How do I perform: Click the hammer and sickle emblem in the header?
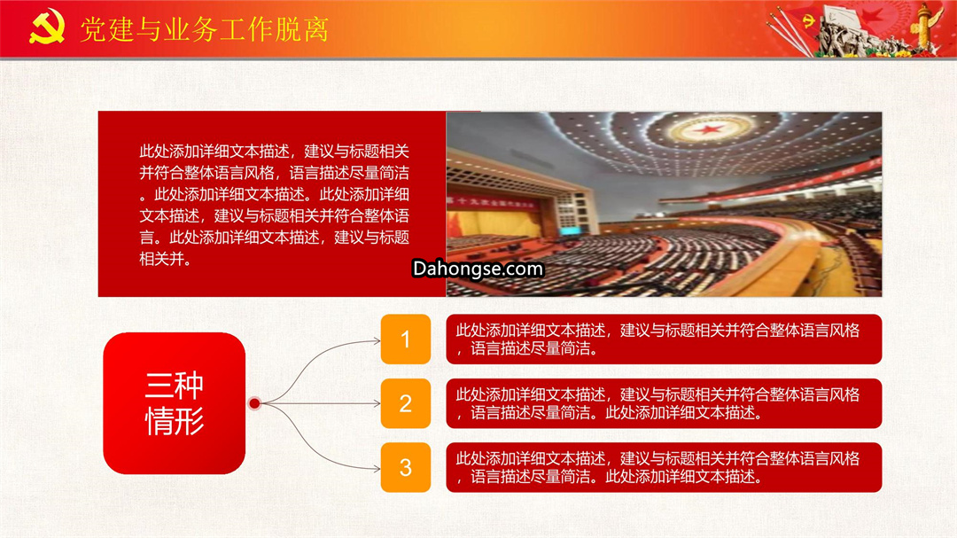47,27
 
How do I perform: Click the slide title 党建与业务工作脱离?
205,29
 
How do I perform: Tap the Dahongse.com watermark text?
478,269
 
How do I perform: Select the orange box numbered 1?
406,339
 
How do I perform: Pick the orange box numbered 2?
406,403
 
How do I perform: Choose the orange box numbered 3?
406,468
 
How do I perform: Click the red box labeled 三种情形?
175,403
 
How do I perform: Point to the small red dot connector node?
254,403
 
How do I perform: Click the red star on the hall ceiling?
708,129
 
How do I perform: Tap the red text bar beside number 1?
664,339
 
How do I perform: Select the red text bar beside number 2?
664,403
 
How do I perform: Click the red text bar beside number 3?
664,468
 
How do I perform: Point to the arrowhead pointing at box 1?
377,340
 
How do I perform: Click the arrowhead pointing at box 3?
377,468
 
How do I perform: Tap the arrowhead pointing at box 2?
377,403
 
